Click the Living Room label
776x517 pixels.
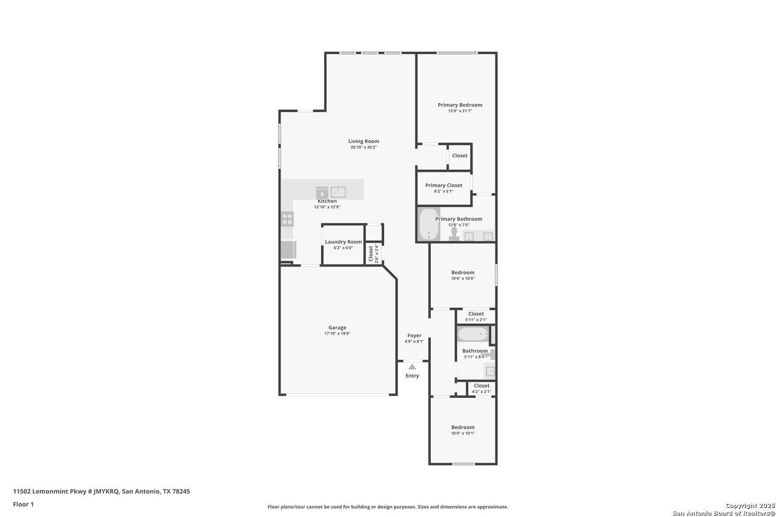coord(364,141)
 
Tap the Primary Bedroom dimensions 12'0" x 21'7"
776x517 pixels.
coord(460,111)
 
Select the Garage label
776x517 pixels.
coord(337,327)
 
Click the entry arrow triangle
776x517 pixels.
coord(412,367)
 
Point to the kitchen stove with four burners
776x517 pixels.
coord(287,219)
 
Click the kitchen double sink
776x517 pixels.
coord(338,192)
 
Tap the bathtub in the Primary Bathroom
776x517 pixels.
coord(429,224)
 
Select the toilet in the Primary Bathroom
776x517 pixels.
coord(454,234)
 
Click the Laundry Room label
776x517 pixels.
coord(343,242)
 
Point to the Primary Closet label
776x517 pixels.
coord(444,185)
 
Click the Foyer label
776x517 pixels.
coord(414,336)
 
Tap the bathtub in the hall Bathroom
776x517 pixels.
coord(473,334)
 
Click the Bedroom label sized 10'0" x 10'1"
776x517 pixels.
coord(463,427)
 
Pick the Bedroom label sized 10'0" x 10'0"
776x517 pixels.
coord(463,272)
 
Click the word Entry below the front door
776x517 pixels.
coord(412,376)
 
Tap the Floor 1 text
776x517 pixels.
coord(23,504)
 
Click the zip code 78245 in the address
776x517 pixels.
coord(182,491)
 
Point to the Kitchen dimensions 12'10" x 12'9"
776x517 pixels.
coord(327,207)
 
